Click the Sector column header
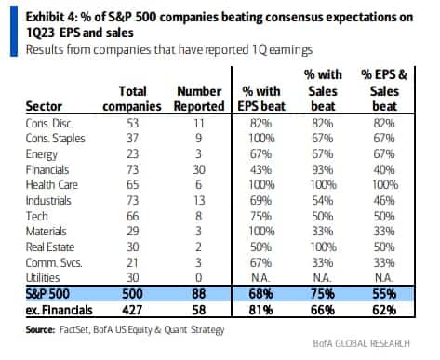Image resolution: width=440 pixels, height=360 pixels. pyautogui.click(x=44, y=106)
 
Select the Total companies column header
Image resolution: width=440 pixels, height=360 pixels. pyautogui.click(x=132, y=99)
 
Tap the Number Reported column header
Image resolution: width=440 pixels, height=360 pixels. pyautogui.click(x=199, y=99)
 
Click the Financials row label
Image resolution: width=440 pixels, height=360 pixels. pyautogui.click(x=47, y=169)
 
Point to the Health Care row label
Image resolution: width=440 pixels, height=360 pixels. pyautogui.click(x=52, y=185)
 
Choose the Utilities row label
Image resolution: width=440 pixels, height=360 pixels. pyautogui.click(x=43, y=277)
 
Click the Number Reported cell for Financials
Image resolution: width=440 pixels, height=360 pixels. pyautogui.click(x=199, y=169)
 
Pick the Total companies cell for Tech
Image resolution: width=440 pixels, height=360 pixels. pyautogui.click(x=132, y=216)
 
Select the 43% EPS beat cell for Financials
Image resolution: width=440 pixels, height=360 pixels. pyautogui.click(x=260, y=169)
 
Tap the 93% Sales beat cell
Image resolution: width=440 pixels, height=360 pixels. pyautogui.click(x=323, y=169)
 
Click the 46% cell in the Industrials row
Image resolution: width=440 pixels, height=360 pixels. pyautogui.click(x=384, y=201)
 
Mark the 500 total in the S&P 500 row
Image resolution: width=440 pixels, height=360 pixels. pyautogui.click(x=132, y=294)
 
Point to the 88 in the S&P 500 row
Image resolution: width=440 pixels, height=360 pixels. pyautogui.click(x=199, y=294)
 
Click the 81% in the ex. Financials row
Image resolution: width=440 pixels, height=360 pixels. pyautogui.click(x=260, y=310)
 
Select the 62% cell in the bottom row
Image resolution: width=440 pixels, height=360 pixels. pyautogui.click(x=384, y=310)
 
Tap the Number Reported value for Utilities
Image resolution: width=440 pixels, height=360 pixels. pyautogui.click(x=199, y=277)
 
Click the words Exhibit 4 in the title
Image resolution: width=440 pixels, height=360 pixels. pyautogui.click(x=50, y=17)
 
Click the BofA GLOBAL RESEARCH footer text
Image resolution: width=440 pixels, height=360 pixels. pyautogui.click(x=361, y=343)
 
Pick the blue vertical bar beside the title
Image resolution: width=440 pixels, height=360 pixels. pyautogui.click(x=14, y=31)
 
